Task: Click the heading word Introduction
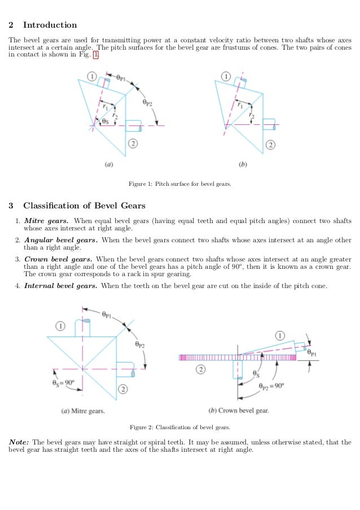point(50,25)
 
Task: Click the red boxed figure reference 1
point(95,55)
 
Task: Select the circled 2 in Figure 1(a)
point(132,143)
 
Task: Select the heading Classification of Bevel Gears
point(84,205)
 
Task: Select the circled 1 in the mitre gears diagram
point(62,326)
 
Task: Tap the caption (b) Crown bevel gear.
point(239,411)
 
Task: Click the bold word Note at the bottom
point(19,442)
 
